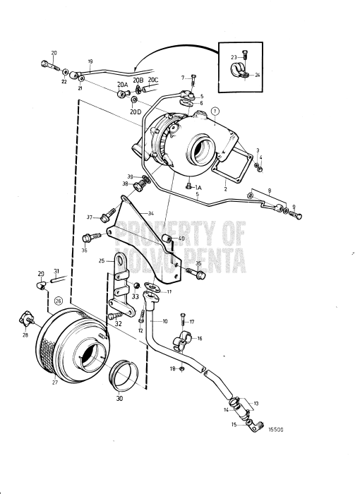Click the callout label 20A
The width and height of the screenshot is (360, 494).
(x=122, y=84)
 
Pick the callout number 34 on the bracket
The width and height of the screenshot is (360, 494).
(x=150, y=212)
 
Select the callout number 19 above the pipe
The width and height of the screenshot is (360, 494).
(x=90, y=62)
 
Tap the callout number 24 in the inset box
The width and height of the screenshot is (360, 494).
(x=257, y=75)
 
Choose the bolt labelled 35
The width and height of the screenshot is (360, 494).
(x=191, y=270)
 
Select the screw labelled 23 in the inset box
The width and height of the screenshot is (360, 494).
(x=244, y=56)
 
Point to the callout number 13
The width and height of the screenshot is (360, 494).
(x=256, y=403)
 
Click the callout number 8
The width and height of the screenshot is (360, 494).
(x=268, y=191)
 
